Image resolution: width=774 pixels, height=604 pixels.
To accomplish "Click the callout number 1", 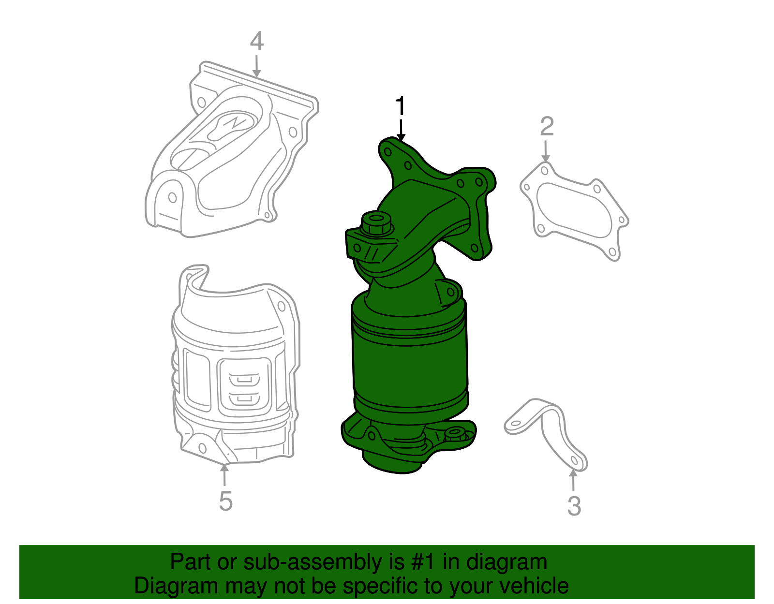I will pos(401,106).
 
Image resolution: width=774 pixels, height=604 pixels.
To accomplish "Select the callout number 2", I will pos(547,127).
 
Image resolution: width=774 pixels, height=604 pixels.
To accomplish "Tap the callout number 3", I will pos(574,506).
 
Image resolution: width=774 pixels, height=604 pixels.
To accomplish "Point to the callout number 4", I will pos(257,42).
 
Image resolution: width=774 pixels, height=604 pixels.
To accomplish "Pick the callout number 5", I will pos(225,501).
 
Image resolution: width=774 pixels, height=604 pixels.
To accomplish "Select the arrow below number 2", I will pos(546,152).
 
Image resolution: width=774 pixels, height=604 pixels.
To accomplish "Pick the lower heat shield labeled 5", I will pos(235,368).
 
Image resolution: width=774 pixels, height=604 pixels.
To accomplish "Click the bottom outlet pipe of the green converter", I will pos(392,462).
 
